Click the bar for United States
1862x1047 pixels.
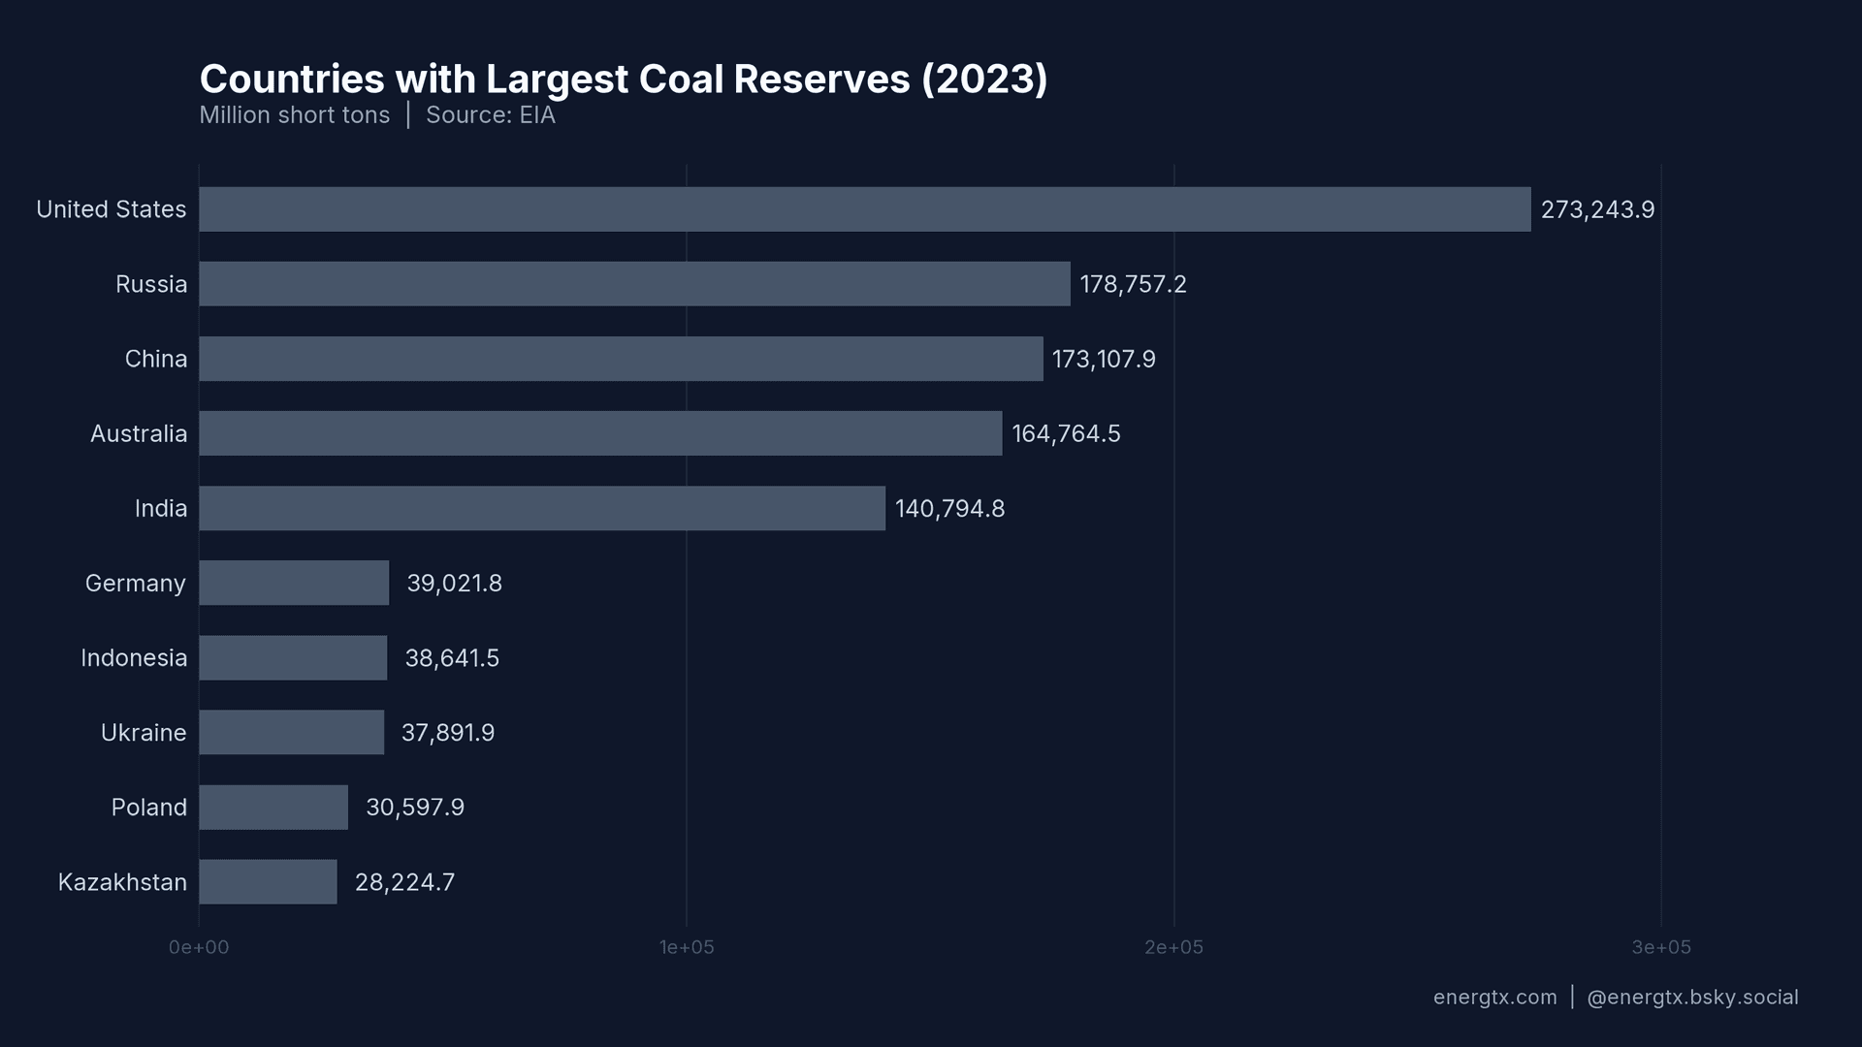click(864, 209)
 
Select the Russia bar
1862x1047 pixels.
click(634, 284)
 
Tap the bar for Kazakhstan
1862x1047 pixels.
click(268, 882)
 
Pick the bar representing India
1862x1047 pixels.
click(541, 508)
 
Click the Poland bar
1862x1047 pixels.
click(273, 808)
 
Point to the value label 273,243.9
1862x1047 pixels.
click(1597, 209)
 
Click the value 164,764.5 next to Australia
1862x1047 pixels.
click(1066, 433)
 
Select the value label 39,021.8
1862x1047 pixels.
click(454, 584)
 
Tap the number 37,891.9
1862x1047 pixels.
click(447, 733)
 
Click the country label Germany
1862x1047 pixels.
click(136, 584)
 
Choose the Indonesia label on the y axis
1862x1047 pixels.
click(134, 658)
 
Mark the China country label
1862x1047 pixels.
click(155, 359)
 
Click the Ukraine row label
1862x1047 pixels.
click(144, 733)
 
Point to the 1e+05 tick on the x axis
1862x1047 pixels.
click(687, 947)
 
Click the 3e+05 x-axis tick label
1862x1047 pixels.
click(1660, 947)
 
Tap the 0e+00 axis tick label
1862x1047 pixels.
click(199, 947)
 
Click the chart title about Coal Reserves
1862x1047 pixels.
click(624, 79)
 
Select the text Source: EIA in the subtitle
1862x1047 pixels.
click(491, 115)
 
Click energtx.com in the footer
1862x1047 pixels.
click(1494, 998)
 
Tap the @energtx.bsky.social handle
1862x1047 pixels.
click(1692, 998)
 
